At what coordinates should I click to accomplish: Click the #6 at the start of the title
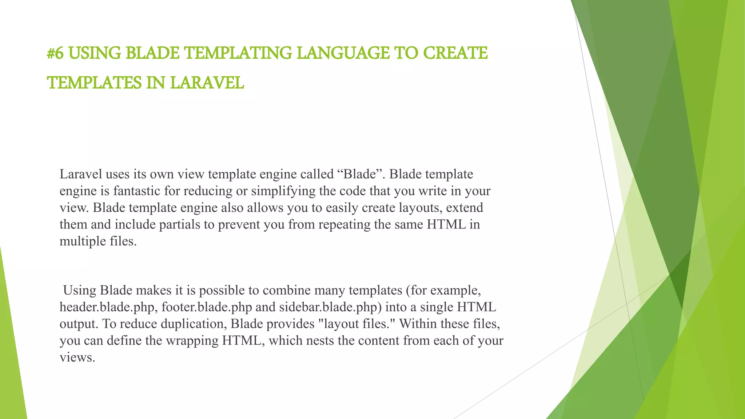pyautogui.click(x=55, y=53)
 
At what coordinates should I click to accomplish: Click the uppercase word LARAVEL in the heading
pyautogui.click(x=207, y=83)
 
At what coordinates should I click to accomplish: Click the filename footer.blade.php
pyautogui.click(x=207, y=307)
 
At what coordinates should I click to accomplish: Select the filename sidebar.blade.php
pyautogui.click(x=330, y=307)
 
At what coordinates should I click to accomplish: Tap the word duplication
pyautogui.click(x=194, y=324)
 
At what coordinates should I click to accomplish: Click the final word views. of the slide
pyautogui.click(x=77, y=357)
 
